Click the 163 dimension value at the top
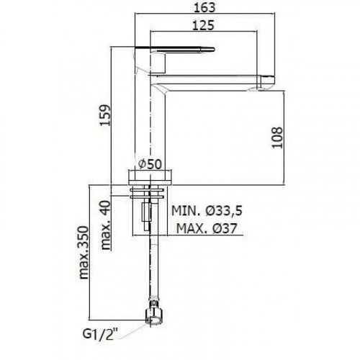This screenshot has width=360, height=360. point(204,7)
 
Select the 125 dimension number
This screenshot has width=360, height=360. point(203,25)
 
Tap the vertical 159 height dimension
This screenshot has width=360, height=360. point(105,115)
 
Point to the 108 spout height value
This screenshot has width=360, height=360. point(278,138)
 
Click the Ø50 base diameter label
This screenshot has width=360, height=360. point(150,164)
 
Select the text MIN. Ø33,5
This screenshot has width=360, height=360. point(207,211)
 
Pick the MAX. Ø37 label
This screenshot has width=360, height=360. point(207,228)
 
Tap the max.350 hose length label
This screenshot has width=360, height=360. point(84,252)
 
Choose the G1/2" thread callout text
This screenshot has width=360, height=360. point(101,334)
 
